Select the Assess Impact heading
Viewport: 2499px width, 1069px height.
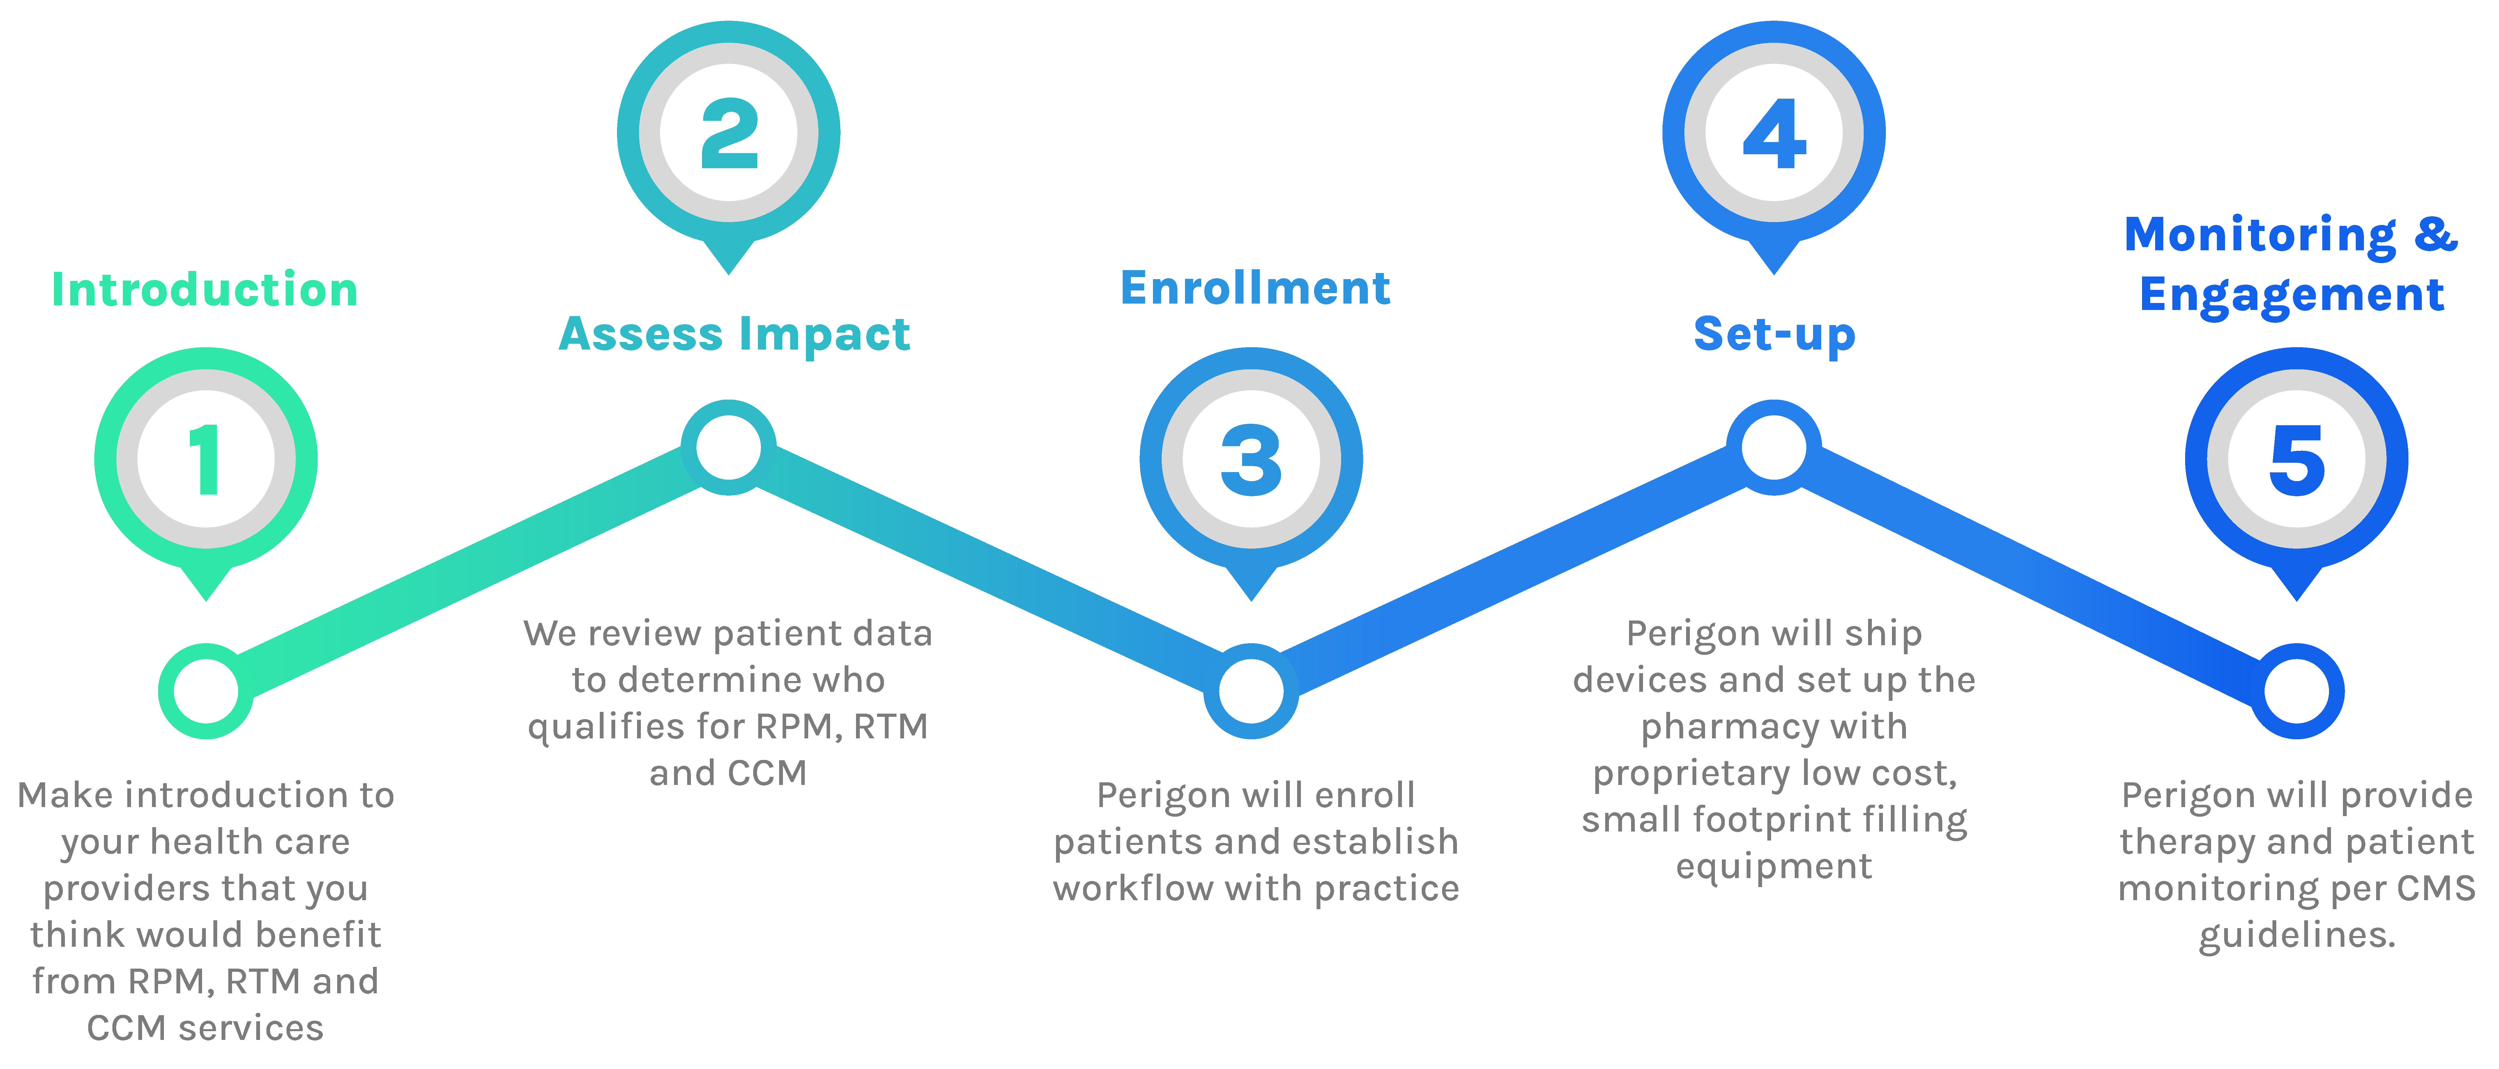point(734,335)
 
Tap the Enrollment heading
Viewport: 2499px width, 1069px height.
point(1255,288)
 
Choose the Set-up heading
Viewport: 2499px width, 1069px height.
point(1774,335)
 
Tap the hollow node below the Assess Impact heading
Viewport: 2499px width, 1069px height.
point(728,447)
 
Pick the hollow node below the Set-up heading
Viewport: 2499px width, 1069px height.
point(1774,447)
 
